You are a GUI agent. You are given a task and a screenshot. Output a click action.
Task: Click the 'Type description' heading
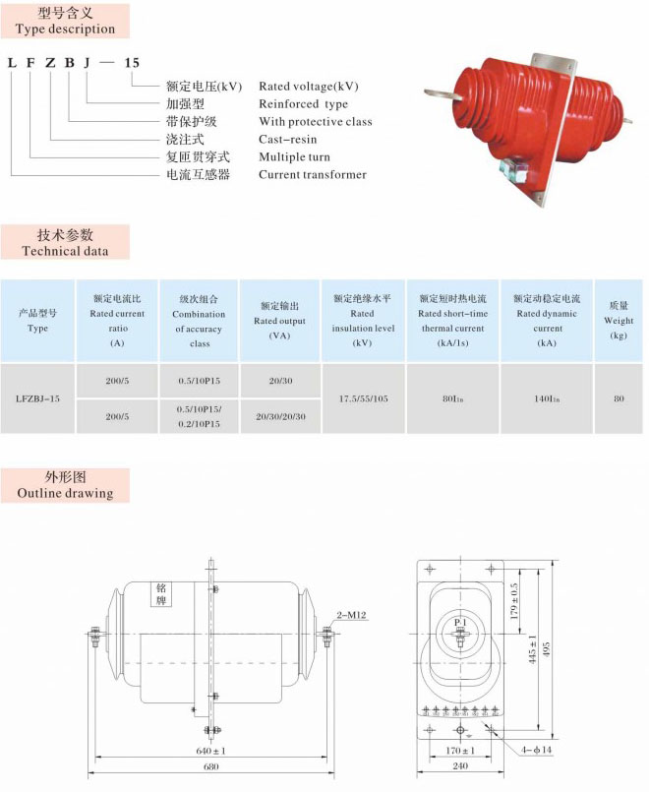tap(65, 30)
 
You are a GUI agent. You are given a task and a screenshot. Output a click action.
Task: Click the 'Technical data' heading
tap(65, 251)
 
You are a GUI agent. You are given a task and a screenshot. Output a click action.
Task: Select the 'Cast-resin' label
tap(287, 140)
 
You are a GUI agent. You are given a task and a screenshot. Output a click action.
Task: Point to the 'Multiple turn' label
tap(294, 157)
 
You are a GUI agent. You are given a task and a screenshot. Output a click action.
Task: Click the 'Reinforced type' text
tap(303, 104)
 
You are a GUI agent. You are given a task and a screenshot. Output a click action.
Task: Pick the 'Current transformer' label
tap(312, 175)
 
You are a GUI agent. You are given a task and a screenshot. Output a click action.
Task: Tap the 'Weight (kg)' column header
tap(618, 321)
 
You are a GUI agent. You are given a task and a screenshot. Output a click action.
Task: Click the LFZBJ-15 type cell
tap(38, 398)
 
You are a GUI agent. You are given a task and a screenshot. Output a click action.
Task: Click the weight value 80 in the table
tap(619, 398)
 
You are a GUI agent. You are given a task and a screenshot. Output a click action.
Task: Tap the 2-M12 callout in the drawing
tap(351, 615)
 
